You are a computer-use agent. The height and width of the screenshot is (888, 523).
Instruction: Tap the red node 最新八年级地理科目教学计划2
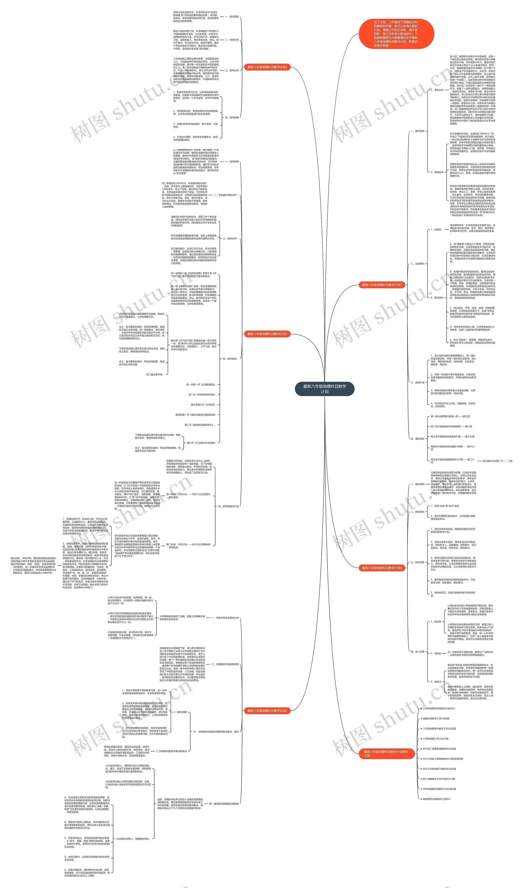(382, 285)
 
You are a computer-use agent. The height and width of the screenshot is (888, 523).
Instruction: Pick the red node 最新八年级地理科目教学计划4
(382, 568)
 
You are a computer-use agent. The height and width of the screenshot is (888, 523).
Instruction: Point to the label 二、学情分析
(232, 40)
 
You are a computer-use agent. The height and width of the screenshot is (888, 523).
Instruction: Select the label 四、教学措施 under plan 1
(232, 117)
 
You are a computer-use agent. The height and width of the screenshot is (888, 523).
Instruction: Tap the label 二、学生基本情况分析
(226, 195)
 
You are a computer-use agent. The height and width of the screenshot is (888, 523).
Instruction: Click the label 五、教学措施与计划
(228, 506)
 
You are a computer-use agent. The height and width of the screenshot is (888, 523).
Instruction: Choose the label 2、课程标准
(437, 172)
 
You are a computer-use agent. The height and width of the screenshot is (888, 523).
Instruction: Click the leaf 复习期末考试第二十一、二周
(497, 461)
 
